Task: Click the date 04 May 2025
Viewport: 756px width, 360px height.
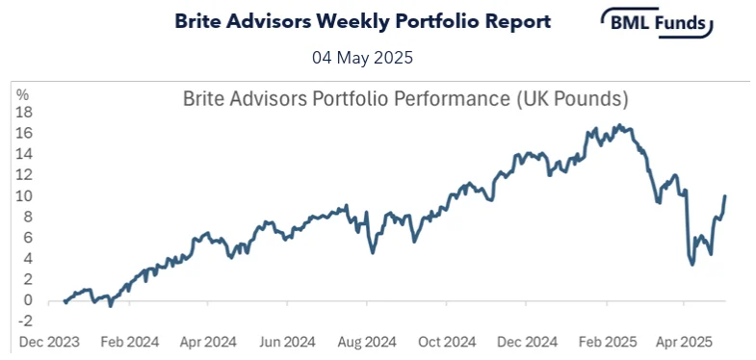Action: (x=362, y=58)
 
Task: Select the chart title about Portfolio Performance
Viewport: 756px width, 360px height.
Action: (x=405, y=99)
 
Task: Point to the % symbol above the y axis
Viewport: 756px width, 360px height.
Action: (x=22, y=94)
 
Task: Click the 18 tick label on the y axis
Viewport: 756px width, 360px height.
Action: (x=22, y=112)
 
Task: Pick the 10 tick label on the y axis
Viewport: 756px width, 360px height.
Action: (x=22, y=195)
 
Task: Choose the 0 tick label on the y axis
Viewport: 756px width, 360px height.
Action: (x=26, y=299)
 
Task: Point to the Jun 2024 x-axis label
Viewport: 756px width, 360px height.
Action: (x=287, y=342)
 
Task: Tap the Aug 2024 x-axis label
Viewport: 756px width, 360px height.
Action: (x=367, y=342)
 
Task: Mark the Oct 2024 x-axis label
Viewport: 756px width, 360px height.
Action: (x=447, y=342)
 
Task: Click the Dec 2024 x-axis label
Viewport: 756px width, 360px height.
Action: (x=527, y=342)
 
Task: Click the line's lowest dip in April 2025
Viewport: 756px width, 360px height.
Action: (x=693, y=264)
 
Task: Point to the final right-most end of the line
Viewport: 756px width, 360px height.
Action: (x=724, y=196)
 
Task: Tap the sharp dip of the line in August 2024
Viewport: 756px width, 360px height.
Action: (x=374, y=252)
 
